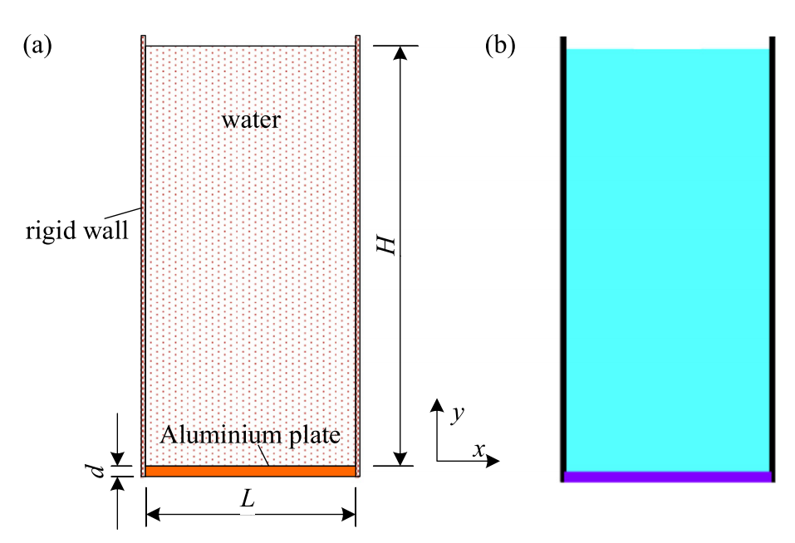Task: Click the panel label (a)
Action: pyautogui.click(x=37, y=46)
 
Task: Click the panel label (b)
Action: pyautogui.click(x=500, y=46)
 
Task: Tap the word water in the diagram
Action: pyautogui.click(x=251, y=120)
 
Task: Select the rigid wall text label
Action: pyautogui.click(x=77, y=230)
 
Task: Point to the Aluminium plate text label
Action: pyautogui.click(x=250, y=435)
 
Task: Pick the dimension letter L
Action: pyautogui.click(x=248, y=500)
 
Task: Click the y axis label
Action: pyautogui.click(x=458, y=413)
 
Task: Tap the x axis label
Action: pyautogui.click(x=478, y=449)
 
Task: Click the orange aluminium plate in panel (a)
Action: pyautogui.click(x=251, y=471)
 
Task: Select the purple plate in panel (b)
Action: pyautogui.click(x=668, y=477)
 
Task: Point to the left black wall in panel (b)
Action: pyautogui.click(x=563, y=259)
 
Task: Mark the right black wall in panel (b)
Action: pyautogui.click(x=773, y=259)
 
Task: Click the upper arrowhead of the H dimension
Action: pyautogui.click(x=400, y=52)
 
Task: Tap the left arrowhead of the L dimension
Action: pyautogui.click(x=153, y=515)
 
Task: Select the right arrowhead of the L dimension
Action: pyautogui.click(x=348, y=515)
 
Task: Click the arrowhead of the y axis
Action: pyautogui.click(x=436, y=405)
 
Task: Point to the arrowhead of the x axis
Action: pyautogui.click(x=493, y=461)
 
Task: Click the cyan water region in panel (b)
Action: pyautogui.click(x=668, y=261)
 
